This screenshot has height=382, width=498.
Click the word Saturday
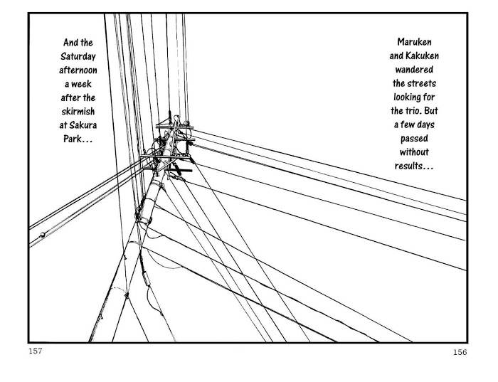pos(78,56)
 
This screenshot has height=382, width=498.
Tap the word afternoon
pos(78,70)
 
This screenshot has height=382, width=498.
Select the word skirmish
pos(78,112)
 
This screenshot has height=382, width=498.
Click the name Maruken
pos(414,42)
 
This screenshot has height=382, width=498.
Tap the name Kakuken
pos(422,56)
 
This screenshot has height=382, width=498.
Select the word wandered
pos(414,70)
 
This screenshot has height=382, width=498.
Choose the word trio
pos(413,111)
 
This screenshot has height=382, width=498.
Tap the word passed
pos(414,139)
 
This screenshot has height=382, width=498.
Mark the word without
pos(414,152)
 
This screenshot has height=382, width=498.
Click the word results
pos(409,166)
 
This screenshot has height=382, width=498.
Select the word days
pos(425,124)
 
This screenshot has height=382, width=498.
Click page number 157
pos(36,351)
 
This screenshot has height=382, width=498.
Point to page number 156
pos(460,352)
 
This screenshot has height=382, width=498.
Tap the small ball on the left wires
pos(42,235)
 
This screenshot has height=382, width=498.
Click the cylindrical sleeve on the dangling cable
pos(146,278)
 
